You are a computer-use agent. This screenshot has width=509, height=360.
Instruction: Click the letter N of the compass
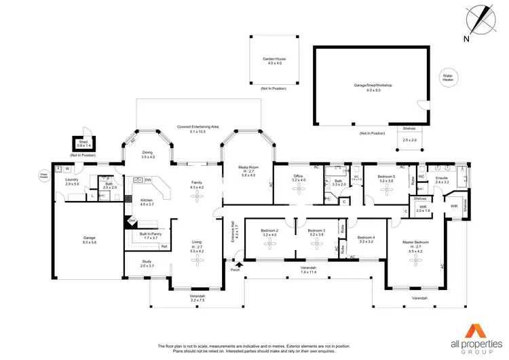point(467,39)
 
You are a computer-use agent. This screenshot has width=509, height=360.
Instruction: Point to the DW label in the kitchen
point(147,180)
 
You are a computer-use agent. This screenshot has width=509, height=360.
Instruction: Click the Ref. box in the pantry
point(164,246)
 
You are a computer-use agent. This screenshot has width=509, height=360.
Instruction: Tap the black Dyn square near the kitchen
point(132,220)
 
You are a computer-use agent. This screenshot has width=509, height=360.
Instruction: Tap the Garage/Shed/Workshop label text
point(373,88)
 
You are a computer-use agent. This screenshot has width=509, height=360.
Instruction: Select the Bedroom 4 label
point(367,239)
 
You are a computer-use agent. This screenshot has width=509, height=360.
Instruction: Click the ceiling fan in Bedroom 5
point(385,190)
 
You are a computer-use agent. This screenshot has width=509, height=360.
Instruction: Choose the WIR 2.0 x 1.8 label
point(423,209)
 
